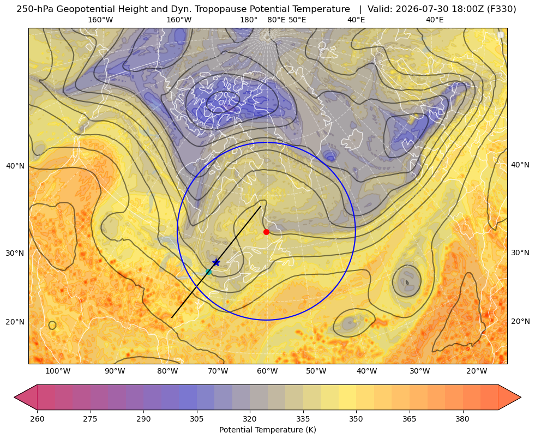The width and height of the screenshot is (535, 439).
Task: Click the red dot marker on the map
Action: [267, 232]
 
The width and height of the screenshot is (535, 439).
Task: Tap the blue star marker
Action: [216, 262]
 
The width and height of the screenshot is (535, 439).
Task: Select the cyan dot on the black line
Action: [209, 272]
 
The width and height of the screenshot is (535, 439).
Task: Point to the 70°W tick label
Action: [218, 371]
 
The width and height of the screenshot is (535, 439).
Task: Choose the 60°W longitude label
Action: [267, 371]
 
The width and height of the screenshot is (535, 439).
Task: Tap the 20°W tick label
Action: [477, 371]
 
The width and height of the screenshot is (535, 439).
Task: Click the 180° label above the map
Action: [249, 20]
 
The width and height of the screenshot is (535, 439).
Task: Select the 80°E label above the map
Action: [276, 20]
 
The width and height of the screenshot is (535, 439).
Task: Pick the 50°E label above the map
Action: [297, 20]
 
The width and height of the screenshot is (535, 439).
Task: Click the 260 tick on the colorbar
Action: [37, 418]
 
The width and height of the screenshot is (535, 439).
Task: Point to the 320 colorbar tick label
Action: [250, 418]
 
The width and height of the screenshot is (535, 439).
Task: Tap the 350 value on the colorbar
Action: [356, 418]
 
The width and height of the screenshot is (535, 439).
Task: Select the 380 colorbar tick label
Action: [462, 418]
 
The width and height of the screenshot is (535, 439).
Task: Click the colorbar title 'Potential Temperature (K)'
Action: [267, 430]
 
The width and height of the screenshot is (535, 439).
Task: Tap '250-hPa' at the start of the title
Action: [35, 9]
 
